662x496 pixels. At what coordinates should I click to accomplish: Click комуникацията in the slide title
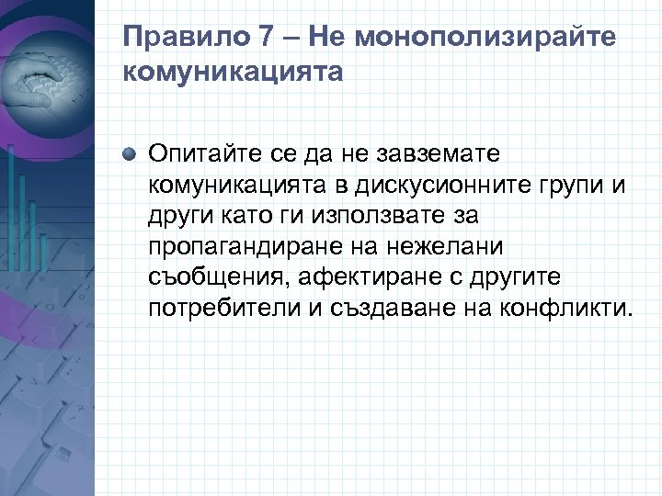coord(232,73)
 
